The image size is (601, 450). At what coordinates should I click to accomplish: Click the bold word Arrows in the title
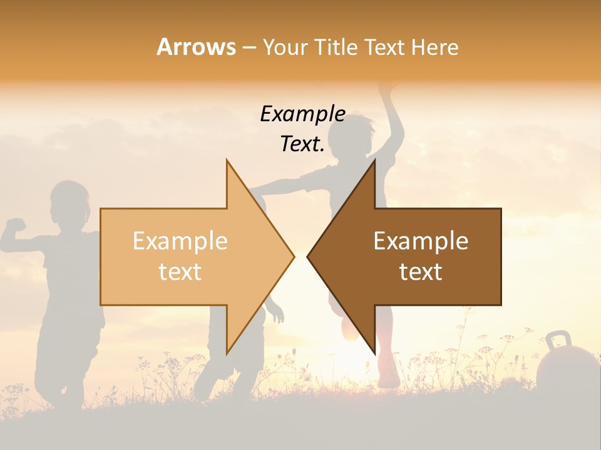[x=197, y=47]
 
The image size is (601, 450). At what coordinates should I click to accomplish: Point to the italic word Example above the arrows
[x=302, y=114]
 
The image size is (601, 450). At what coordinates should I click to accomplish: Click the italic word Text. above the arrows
[x=302, y=144]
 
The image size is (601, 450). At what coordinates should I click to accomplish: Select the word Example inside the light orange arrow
[x=180, y=241]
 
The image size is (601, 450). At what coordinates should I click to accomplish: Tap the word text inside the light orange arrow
[x=180, y=272]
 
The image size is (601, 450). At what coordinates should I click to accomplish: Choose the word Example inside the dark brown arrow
[x=421, y=241]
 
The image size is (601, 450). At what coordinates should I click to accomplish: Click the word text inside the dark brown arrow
[x=421, y=272]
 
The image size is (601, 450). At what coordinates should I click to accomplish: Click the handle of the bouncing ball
[x=558, y=340]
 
